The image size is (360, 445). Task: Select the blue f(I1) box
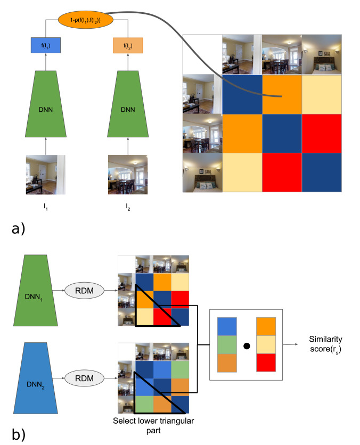pyautogui.click(x=47, y=46)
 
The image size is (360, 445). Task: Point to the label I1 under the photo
pyautogui.click(x=46, y=203)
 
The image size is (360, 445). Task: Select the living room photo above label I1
pyautogui.click(x=46, y=174)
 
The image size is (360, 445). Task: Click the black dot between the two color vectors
pyautogui.click(x=247, y=347)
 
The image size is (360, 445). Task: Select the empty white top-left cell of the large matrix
pyautogui.click(x=202, y=54)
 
